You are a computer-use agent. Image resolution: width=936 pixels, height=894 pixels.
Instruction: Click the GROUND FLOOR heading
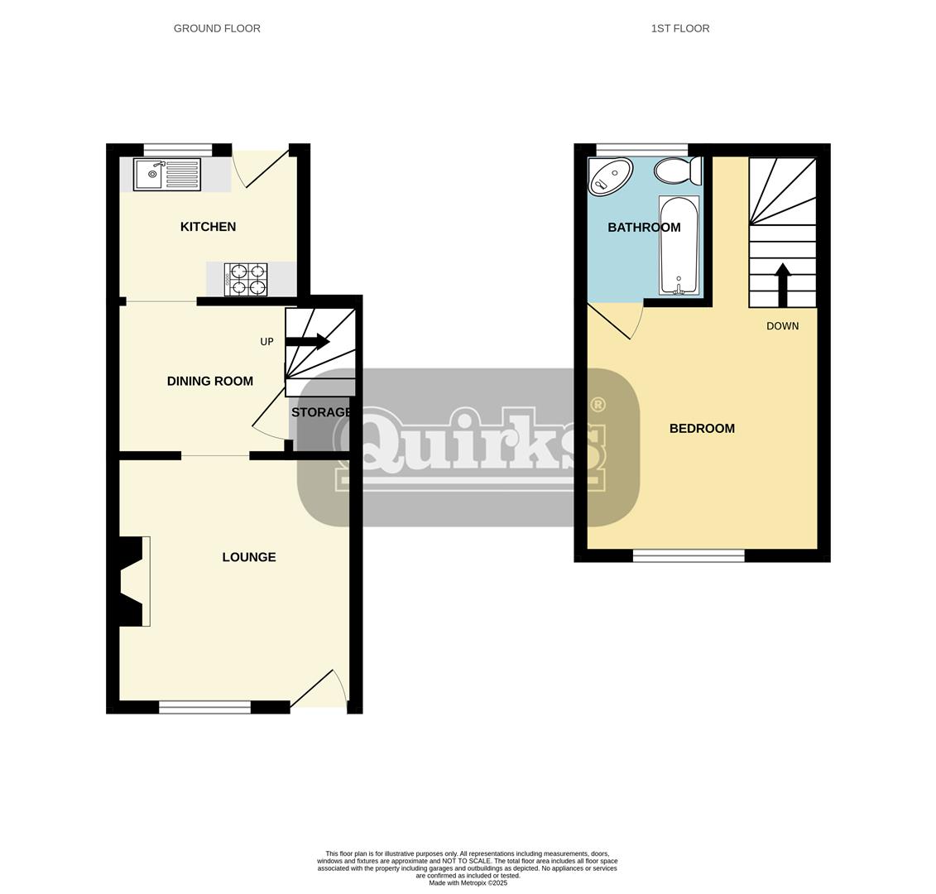pyautogui.click(x=217, y=28)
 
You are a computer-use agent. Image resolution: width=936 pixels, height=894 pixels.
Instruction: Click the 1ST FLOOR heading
pyautogui.click(x=679, y=28)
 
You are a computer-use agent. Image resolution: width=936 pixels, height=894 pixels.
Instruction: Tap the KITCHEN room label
pyautogui.click(x=208, y=227)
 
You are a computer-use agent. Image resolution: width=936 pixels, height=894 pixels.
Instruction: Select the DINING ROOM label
pyautogui.click(x=209, y=382)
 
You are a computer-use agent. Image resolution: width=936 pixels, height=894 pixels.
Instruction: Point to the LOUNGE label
pyautogui.click(x=248, y=557)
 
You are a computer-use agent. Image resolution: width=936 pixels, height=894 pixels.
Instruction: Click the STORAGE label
pyautogui.click(x=321, y=412)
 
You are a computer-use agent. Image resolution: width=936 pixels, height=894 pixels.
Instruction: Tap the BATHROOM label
pyautogui.click(x=644, y=228)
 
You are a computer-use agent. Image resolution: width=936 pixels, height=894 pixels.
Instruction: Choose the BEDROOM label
pyautogui.click(x=702, y=429)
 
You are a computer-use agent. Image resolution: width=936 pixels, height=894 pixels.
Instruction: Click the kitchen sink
pyautogui.click(x=166, y=175)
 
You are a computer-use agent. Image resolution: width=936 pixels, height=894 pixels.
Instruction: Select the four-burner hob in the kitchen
pyautogui.click(x=246, y=280)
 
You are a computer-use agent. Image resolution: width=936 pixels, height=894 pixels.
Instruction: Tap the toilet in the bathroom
pyautogui.click(x=677, y=171)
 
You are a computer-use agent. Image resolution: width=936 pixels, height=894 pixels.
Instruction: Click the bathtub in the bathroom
pyautogui.click(x=679, y=245)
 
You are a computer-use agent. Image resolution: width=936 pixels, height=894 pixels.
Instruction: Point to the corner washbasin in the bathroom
pyautogui.click(x=609, y=176)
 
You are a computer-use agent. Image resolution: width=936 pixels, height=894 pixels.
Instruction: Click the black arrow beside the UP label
pyautogui.click(x=307, y=341)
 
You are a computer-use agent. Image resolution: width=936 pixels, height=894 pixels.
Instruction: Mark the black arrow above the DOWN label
pyautogui.click(x=782, y=284)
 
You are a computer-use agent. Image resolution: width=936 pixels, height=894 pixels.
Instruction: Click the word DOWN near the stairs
pyautogui.click(x=782, y=326)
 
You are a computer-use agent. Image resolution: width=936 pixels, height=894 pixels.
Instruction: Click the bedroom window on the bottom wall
pyautogui.click(x=689, y=556)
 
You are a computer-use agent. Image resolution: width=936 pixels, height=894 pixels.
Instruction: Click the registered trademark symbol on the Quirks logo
pyautogui.click(x=597, y=405)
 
